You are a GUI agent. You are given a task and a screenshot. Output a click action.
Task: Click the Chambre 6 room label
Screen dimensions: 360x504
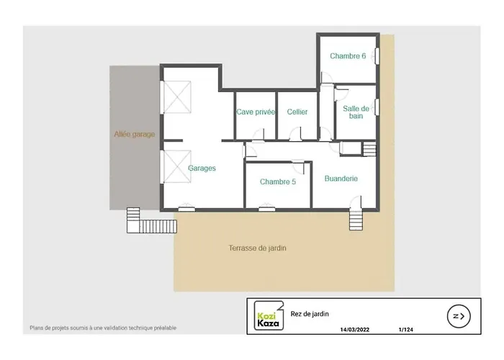[x=348, y=56]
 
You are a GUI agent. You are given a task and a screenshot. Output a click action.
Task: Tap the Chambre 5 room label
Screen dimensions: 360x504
[x=278, y=182]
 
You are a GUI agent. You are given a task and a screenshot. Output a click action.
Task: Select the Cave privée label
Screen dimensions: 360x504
[x=256, y=112]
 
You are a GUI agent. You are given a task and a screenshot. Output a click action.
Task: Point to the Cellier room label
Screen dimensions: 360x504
[x=297, y=112]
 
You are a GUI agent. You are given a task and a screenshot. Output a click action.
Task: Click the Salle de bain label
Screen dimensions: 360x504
[x=356, y=112]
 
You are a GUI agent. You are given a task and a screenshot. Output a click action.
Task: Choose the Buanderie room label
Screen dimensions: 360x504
[x=341, y=179]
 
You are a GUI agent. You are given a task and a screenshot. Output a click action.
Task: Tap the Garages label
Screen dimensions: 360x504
[x=202, y=168]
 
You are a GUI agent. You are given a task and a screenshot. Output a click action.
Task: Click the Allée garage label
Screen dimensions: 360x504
[x=135, y=134]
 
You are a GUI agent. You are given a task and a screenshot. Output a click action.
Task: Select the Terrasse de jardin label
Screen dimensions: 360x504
[x=258, y=248]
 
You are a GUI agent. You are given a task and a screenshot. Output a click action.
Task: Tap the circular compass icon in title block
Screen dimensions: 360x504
[x=458, y=315]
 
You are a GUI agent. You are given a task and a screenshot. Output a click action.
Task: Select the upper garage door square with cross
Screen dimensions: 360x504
[x=178, y=97]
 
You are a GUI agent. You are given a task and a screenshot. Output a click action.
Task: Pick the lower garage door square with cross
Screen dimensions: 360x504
[x=178, y=166]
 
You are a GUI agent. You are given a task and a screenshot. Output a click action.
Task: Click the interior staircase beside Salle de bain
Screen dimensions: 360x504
[x=369, y=148]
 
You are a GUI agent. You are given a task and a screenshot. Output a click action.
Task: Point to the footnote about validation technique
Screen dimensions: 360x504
[x=103, y=328]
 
